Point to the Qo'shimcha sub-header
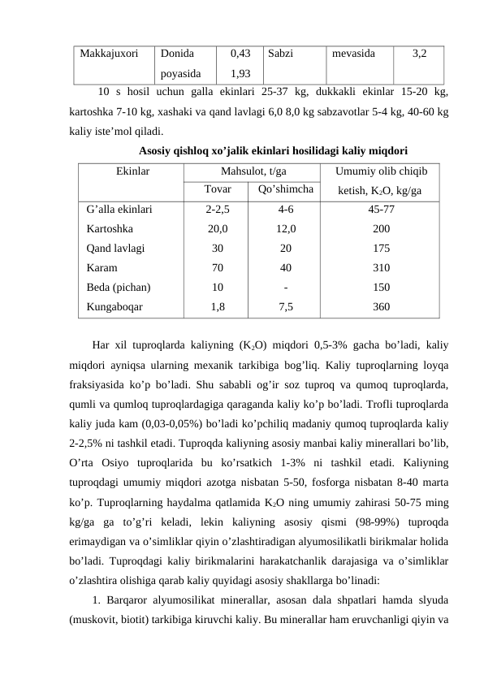click(x=286, y=190)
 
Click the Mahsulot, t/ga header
click(x=252, y=172)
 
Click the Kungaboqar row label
click(x=115, y=307)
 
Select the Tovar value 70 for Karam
click(x=218, y=268)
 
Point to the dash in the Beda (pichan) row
click(x=286, y=288)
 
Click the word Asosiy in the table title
click(x=157, y=150)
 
